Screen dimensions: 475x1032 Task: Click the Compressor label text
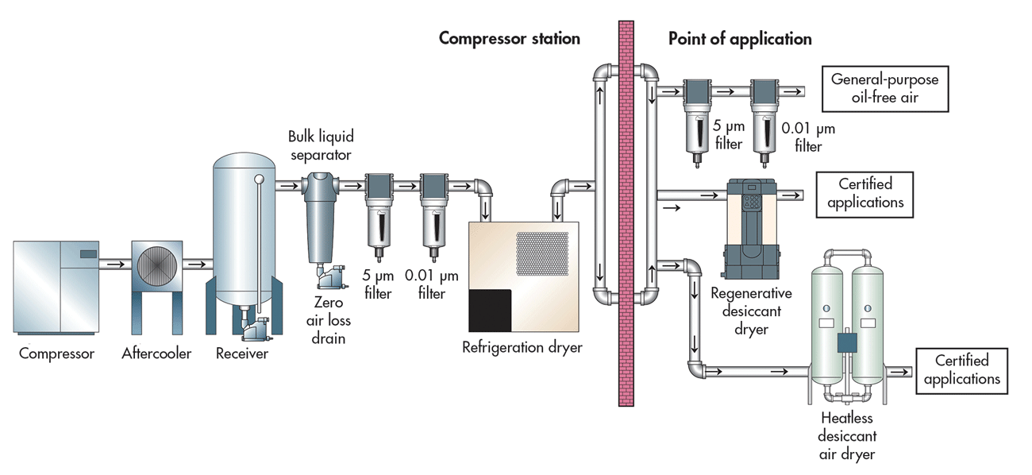click(56, 353)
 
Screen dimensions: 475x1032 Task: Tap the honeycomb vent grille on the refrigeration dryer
click(542, 253)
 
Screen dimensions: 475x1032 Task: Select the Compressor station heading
click(509, 38)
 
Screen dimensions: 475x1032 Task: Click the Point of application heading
click(739, 38)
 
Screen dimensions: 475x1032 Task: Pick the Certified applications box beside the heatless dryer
click(961, 370)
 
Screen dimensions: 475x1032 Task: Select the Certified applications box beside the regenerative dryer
click(864, 194)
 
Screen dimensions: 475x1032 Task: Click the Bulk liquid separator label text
click(319, 144)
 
